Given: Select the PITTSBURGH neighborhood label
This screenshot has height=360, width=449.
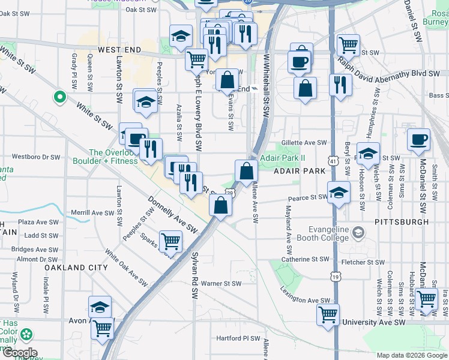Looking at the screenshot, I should [402, 221].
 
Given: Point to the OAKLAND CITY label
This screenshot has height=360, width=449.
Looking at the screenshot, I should [76, 267].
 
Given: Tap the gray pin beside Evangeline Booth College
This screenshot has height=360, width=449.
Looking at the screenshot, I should [358, 232].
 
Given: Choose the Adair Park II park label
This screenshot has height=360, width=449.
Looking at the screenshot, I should [283, 158].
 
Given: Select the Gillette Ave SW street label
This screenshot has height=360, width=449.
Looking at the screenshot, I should [306, 143].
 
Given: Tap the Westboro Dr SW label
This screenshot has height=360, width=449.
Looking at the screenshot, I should [36, 157].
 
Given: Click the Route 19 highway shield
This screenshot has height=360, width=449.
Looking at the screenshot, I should [334, 275].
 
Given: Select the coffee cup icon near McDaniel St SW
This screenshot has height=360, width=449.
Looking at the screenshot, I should [418, 140].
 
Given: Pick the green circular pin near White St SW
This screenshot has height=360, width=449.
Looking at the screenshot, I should [59, 96].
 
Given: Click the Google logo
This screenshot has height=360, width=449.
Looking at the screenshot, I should [19, 352].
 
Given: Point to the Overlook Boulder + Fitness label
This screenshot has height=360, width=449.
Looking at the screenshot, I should [104, 157].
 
